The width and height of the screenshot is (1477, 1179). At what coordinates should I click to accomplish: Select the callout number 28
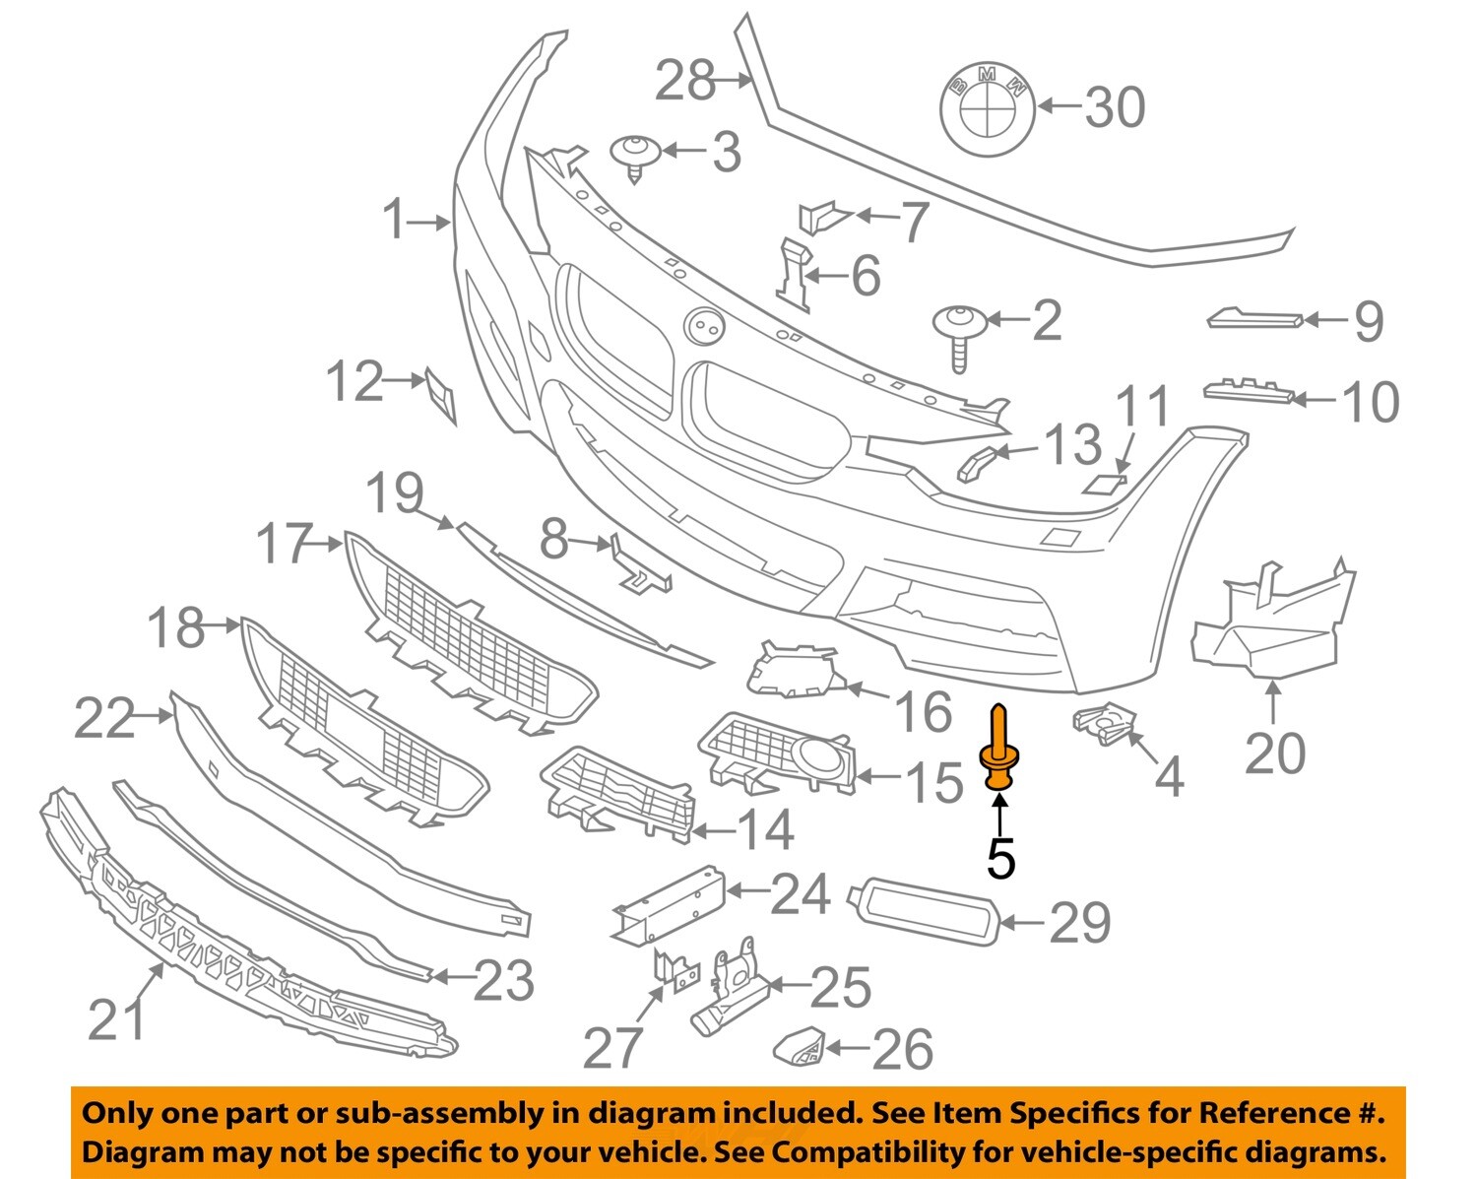(x=685, y=81)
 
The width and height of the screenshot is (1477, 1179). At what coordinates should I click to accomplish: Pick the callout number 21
(x=117, y=1018)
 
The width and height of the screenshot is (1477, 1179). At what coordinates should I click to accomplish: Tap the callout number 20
(x=1275, y=753)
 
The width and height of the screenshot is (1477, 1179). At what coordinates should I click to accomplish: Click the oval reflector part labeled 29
(x=925, y=912)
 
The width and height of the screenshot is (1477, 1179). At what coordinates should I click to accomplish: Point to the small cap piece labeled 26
(x=800, y=1046)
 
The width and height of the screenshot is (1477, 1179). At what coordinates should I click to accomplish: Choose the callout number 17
(x=284, y=544)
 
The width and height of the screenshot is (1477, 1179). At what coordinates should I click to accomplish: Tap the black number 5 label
(x=999, y=859)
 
